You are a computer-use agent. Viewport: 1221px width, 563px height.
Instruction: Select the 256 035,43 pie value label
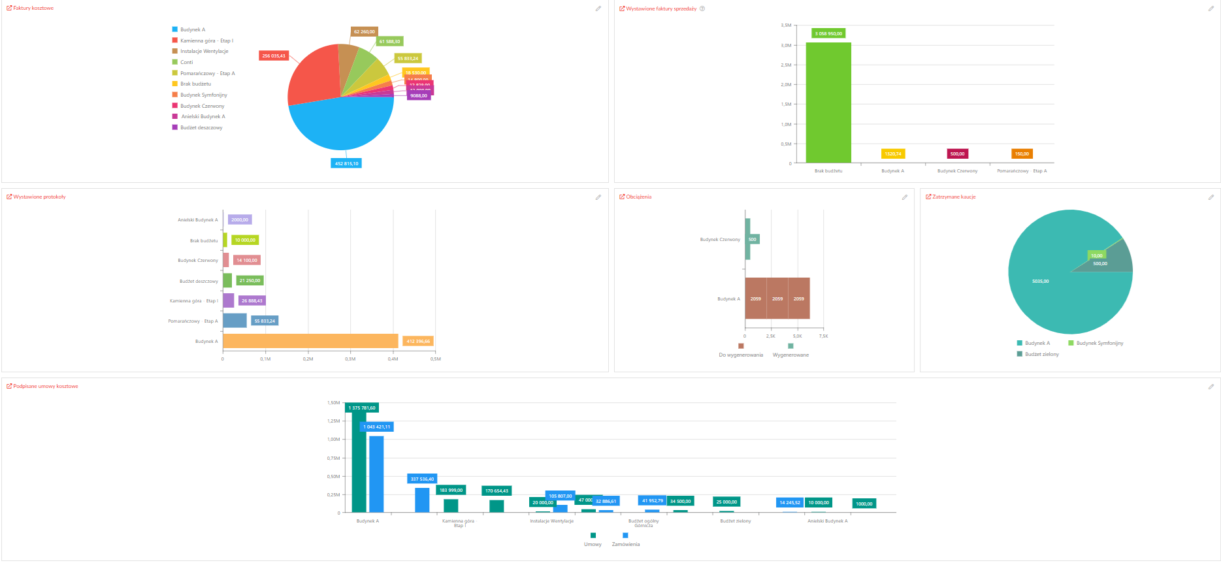click(274, 56)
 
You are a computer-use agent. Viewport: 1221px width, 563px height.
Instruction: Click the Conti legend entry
click(186, 63)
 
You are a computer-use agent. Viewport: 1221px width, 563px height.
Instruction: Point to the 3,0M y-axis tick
click(786, 46)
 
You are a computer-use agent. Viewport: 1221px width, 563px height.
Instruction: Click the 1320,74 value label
click(893, 154)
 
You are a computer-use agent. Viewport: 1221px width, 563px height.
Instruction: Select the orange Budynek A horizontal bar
click(310, 341)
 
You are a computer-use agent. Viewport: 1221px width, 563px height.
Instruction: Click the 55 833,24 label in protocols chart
click(265, 321)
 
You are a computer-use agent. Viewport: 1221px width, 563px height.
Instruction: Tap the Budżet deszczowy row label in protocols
click(199, 281)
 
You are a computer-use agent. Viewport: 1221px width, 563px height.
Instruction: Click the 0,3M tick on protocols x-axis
click(350, 359)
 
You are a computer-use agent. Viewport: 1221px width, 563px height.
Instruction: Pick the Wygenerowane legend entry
click(790, 355)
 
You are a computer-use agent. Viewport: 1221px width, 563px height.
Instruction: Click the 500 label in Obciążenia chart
click(752, 240)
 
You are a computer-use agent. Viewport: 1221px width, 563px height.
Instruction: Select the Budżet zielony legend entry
click(1041, 354)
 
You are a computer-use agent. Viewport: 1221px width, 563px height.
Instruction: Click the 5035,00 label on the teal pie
click(1040, 281)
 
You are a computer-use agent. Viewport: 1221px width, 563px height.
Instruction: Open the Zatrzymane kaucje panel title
click(953, 197)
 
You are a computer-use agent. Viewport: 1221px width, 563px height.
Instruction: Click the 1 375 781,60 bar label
click(362, 408)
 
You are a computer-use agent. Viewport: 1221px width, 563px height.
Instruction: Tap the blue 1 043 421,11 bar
click(376, 474)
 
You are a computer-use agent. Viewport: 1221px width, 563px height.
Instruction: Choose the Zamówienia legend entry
click(626, 543)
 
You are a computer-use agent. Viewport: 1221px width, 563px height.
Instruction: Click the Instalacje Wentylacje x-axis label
click(551, 521)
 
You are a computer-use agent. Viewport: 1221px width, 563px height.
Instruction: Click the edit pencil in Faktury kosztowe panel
click(598, 8)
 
